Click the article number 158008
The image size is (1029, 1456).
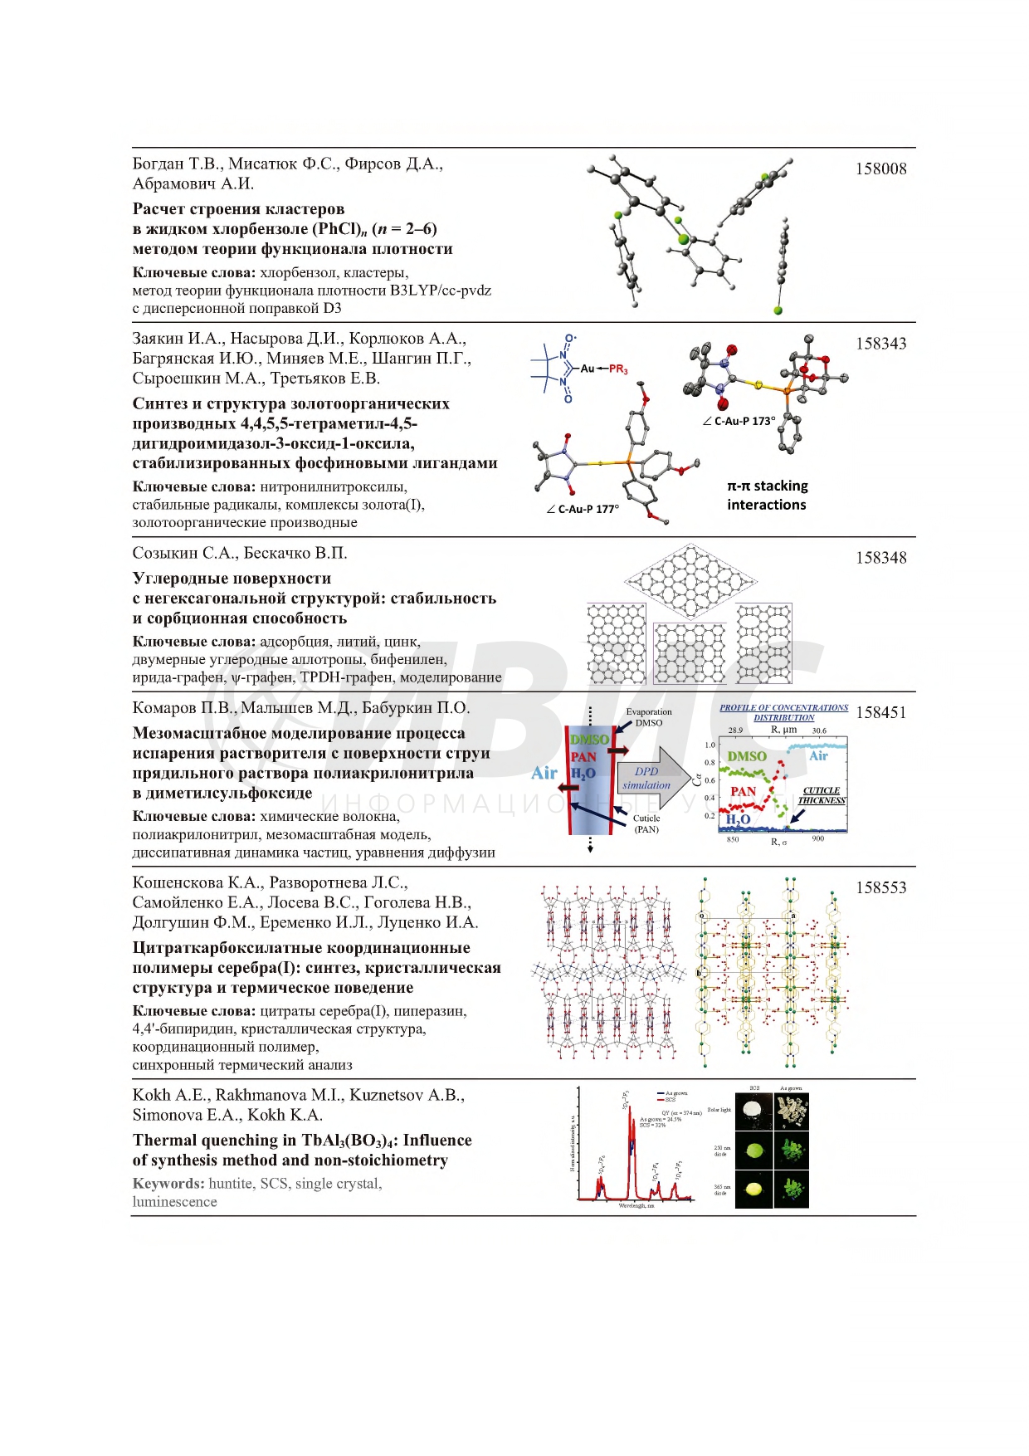[x=880, y=169]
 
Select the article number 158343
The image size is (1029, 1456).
[x=880, y=344]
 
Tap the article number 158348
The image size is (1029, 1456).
[x=880, y=558]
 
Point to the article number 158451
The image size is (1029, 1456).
[x=880, y=713]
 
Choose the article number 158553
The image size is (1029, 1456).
[x=880, y=888]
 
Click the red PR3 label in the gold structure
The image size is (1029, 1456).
[x=618, y=369]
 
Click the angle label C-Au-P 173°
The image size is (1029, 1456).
[x=739, y=421]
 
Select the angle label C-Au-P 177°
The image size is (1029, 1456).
[x=583, y=509]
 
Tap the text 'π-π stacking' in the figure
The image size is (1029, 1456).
[x=767, y=486]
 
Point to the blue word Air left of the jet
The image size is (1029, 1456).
[x=544, y=774]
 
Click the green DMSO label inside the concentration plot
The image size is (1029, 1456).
[x=746, y=756]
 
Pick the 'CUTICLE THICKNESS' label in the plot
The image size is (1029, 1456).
[x=822, y=795]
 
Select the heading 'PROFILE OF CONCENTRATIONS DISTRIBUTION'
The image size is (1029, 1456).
[x=783, y=712]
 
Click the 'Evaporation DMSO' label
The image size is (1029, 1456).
[x=649, y=717]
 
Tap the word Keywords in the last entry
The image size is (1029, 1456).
[x=168, y=1184]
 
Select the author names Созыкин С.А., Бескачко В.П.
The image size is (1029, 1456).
[x=240, y=554]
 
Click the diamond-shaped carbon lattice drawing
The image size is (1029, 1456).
[x=690, y=580]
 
